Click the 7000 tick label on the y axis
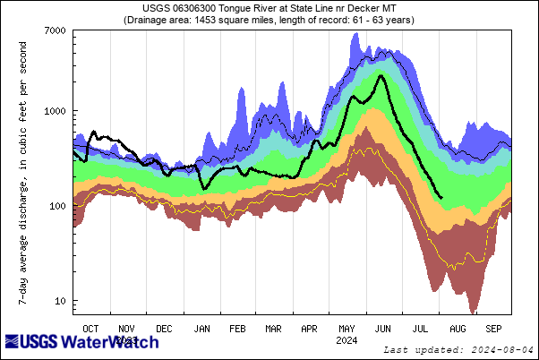[x=55, y=31]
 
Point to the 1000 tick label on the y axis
[x=55, y=111]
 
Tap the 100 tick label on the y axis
[x=57, y=206]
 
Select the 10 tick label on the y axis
[x=60, y=301]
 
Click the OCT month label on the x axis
[x=90, y=329]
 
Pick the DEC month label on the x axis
[x=164, y=329]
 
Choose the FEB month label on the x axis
[x=237, y=329]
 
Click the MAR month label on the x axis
[x=273, y=329]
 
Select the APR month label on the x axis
[x=310, y=329]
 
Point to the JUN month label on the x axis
[x=382, y=329]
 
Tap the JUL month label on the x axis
[x=419, y=329]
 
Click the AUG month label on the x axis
[x=456, y=329]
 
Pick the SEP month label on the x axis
[x=492, y=329]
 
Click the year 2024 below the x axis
[x=346, y=340]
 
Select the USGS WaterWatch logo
[x=82, y=342]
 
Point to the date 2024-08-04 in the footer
[x=504, y=349]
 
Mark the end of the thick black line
[x=441, y=198]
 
